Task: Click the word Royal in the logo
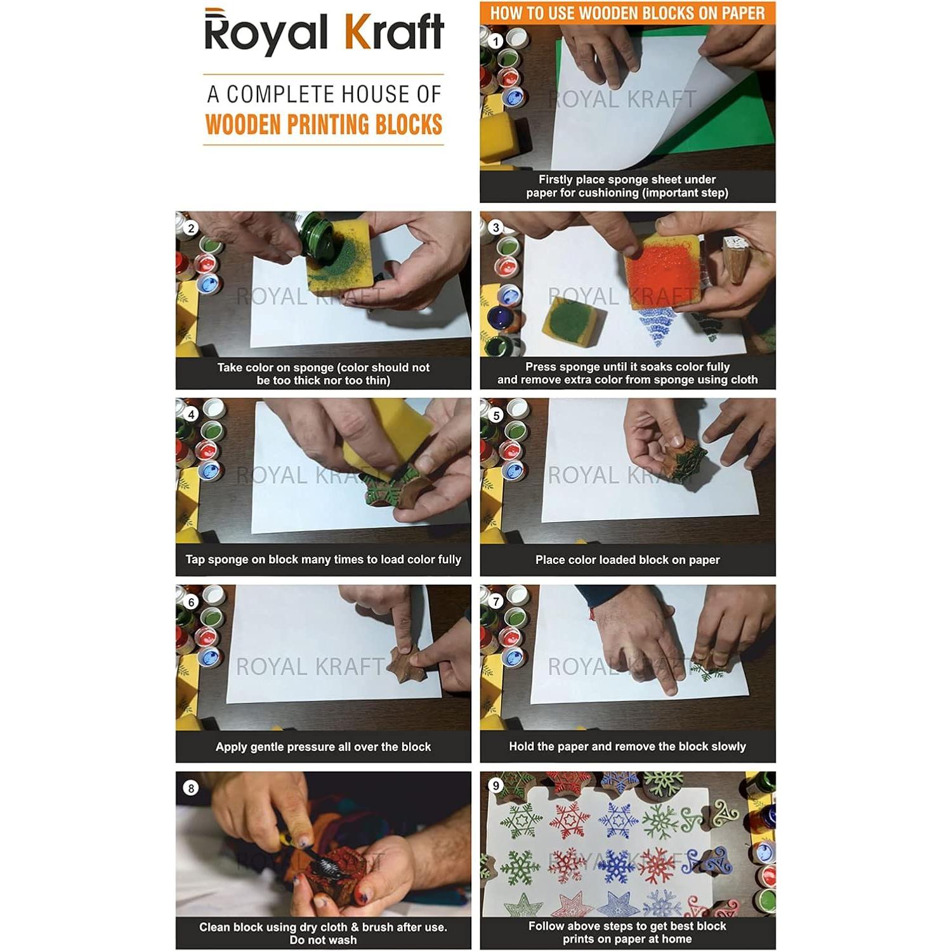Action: pyautogui.click(x=266, y=34)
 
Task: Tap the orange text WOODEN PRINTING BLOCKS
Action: pyautogui.click(x=324, y=124)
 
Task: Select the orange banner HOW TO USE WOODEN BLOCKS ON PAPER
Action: pyautogui.click(x=627, y=13)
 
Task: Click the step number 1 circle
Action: pyautogui.click(x=495, y=41)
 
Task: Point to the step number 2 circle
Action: pyautogui.click(x=191, y=228)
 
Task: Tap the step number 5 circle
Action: pyautogui.click(x=495, y=415)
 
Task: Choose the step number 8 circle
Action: pyautogui.click(x=190, y=788)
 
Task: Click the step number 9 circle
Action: pyautogui.click(x=495, y=785)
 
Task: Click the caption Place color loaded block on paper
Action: pyautogui.click(x=627, y=560)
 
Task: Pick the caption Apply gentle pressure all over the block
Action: pyautogui.click(x=323, y=747)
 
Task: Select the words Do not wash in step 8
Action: pyautogui.click(x=323, y=940)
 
